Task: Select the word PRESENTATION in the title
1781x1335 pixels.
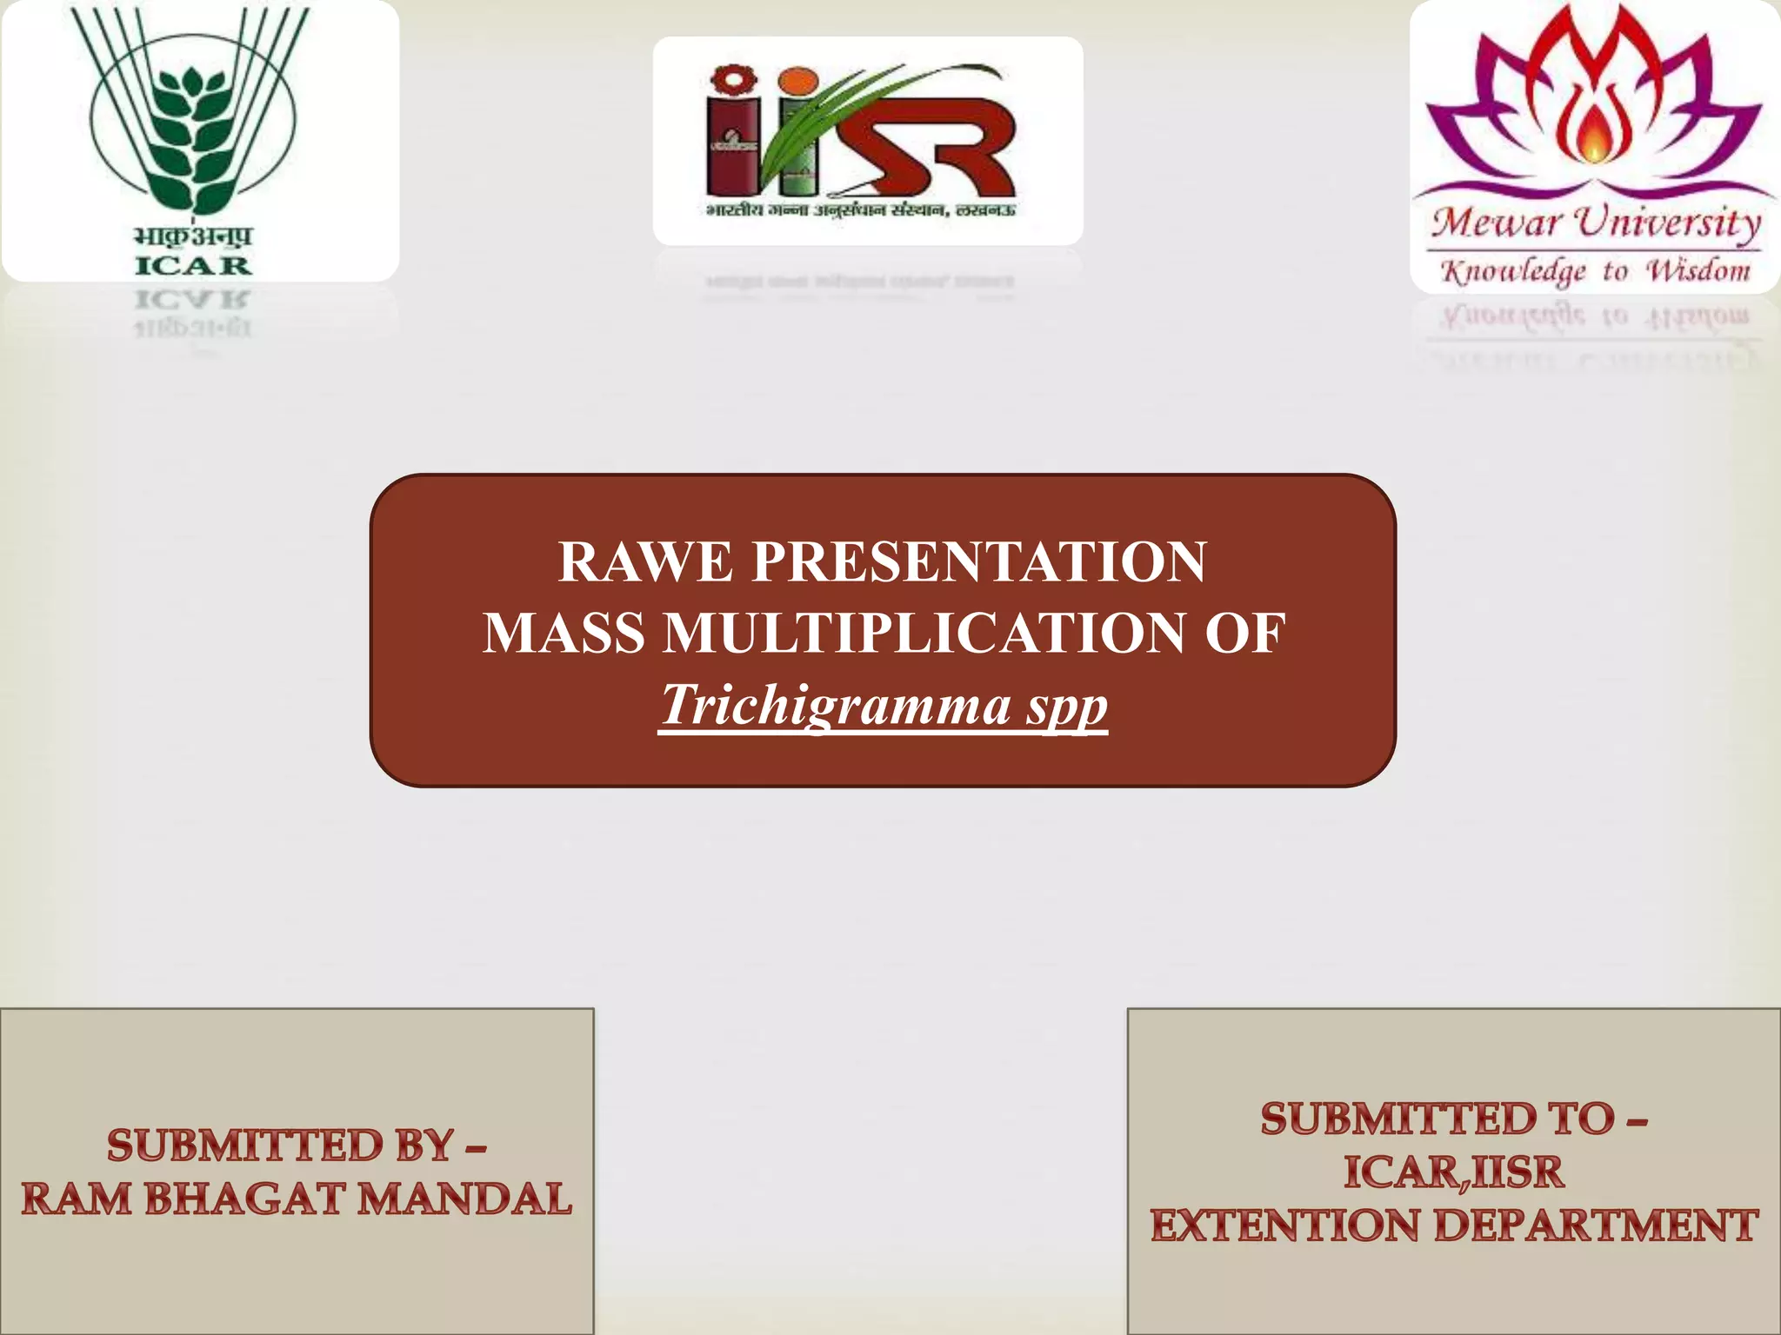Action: pyautogui.click(x=979, y=562)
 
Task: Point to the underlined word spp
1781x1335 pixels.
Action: pyautogui.click(x=1067, y=706)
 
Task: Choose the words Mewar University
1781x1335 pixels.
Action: pyautogui.click(x=1596, y=222)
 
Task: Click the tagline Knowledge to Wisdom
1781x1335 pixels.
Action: pyautogui.click(x=1596, y=271)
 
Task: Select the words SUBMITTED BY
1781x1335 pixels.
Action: pyautogui.click(x=280, y=1146)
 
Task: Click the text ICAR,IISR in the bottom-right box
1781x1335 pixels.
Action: pyautogui.click(x=1453, y=1172)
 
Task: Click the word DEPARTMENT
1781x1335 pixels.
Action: pyautogui.click(x=1596, y=1226)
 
